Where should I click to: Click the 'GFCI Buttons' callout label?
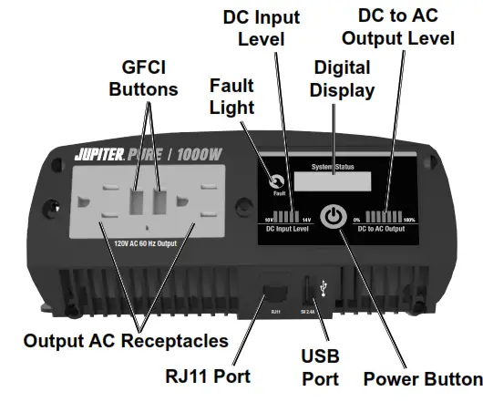point(143,78)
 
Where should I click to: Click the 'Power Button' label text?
point(422,378)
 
